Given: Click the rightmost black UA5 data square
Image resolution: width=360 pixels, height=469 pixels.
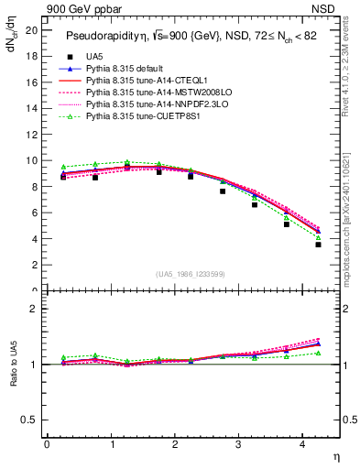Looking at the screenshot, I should (318, 245).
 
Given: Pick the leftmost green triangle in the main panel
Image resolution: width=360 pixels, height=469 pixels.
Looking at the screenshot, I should (63, 167).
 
